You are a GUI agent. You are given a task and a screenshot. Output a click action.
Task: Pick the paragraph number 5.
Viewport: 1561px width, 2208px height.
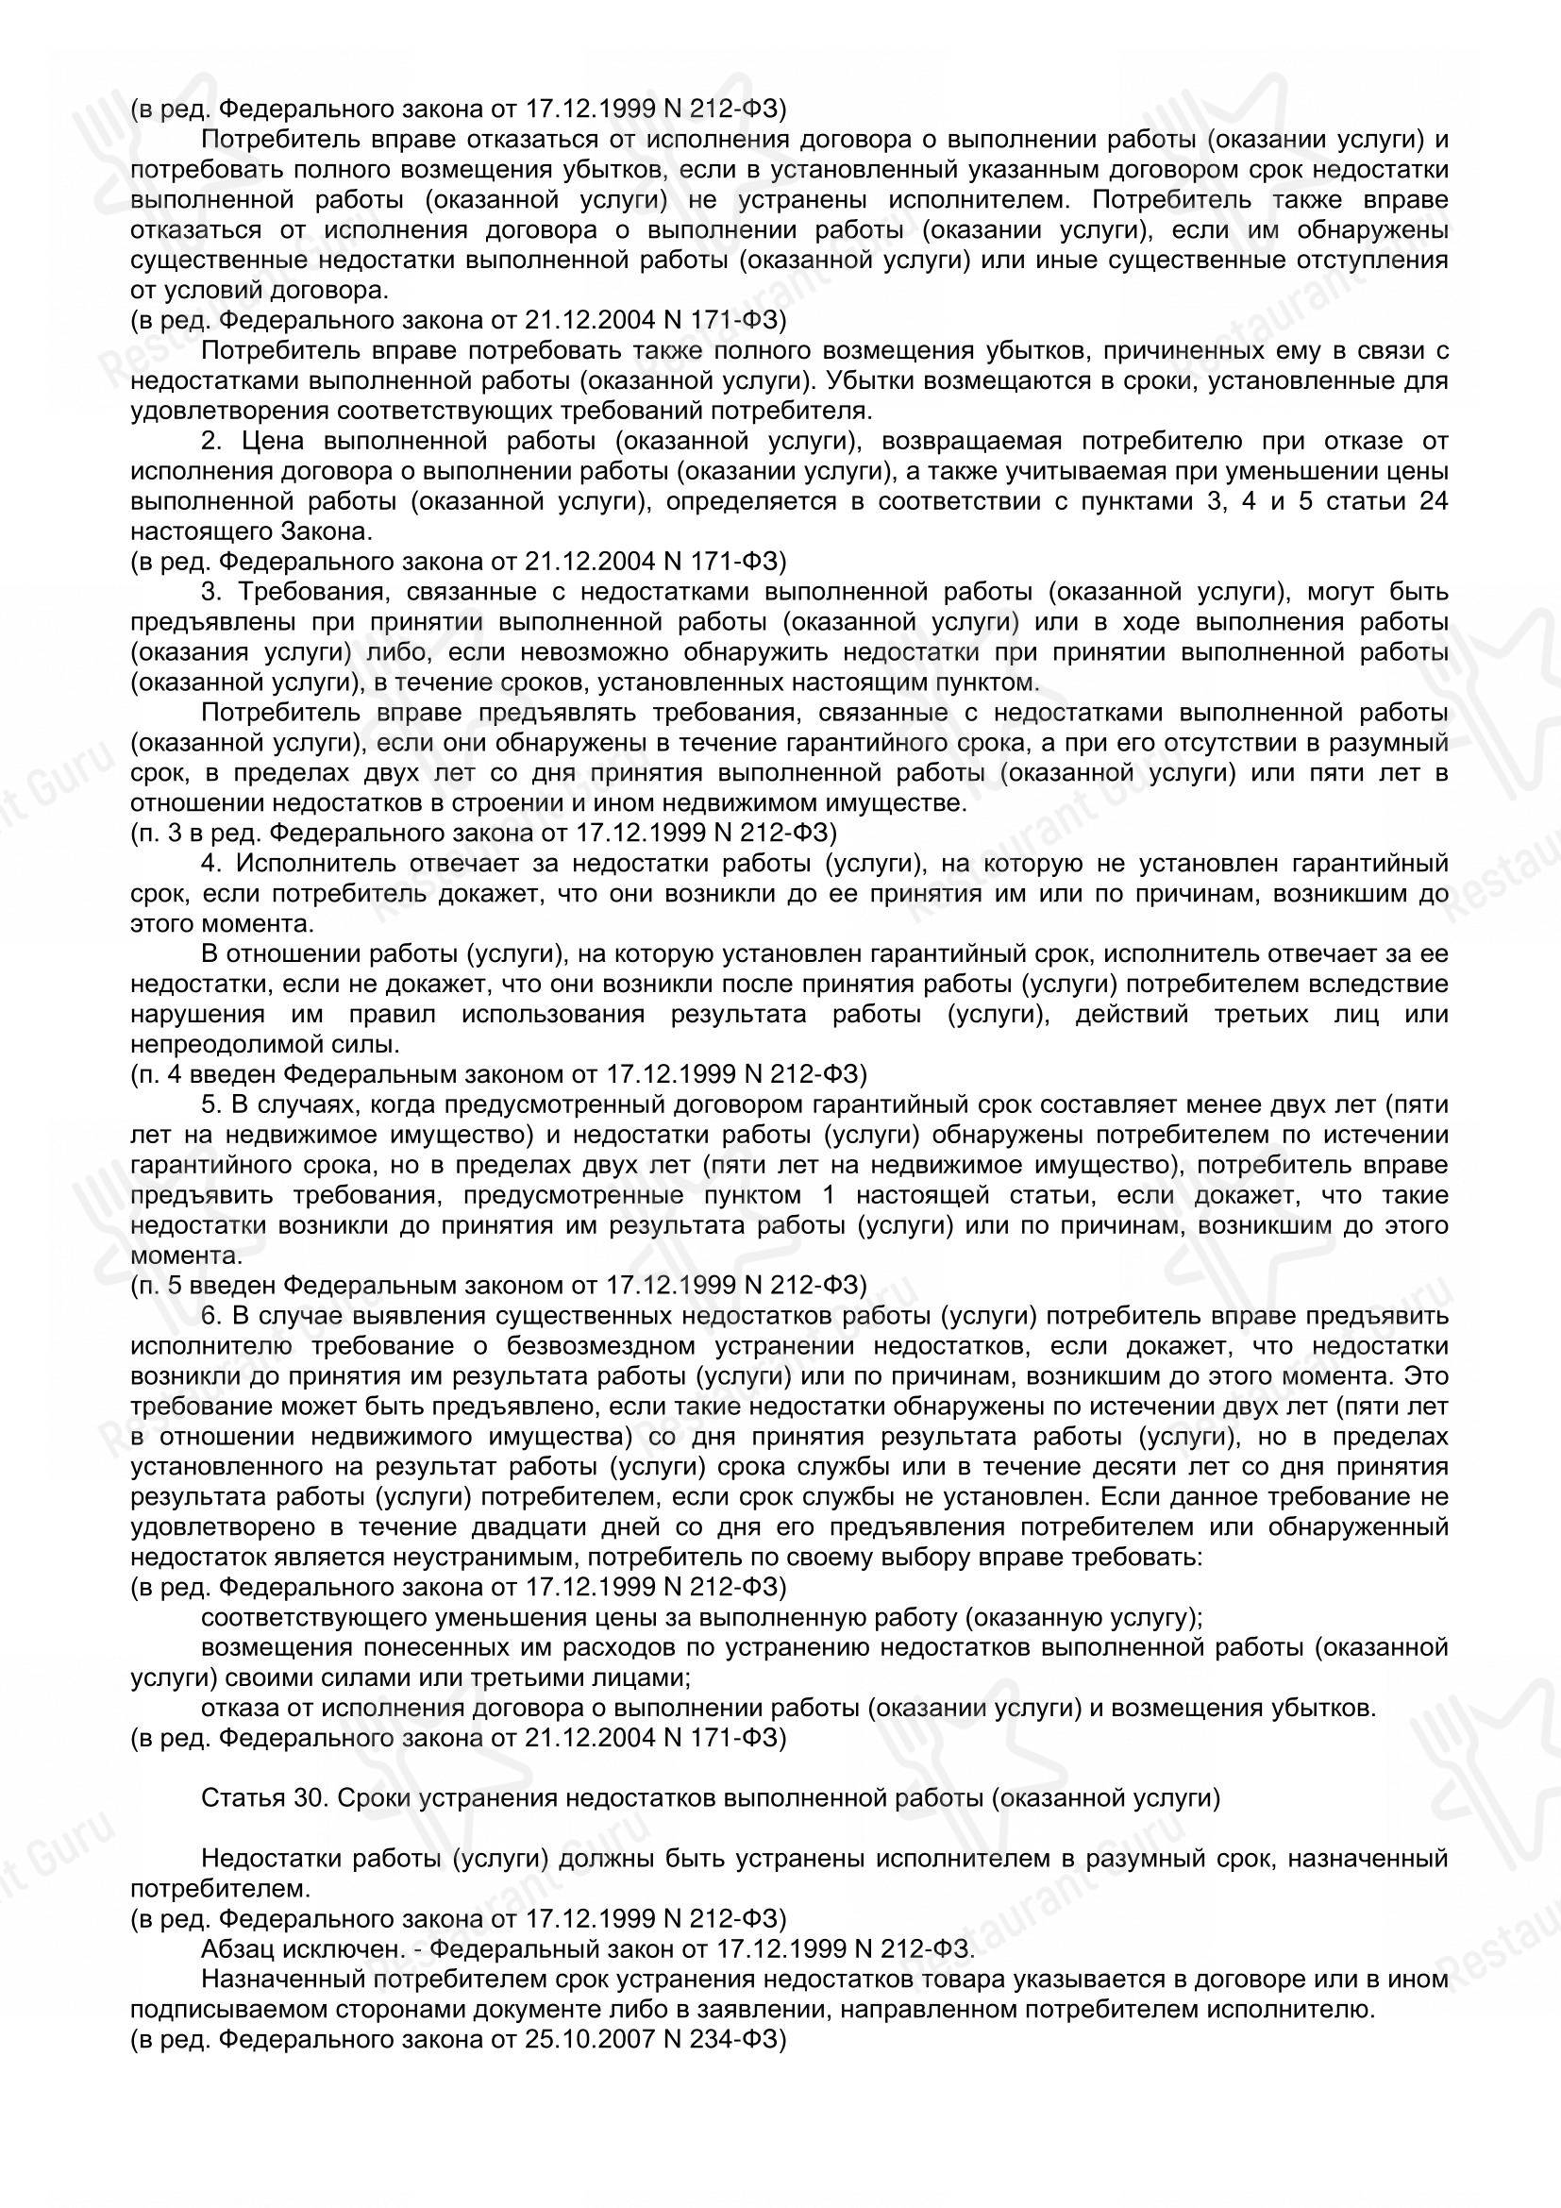coord(209,1105)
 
